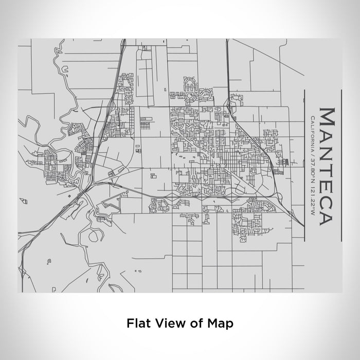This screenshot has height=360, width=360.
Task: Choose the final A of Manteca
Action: click(327, 217)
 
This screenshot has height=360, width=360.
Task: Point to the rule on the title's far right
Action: click(341, 165)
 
